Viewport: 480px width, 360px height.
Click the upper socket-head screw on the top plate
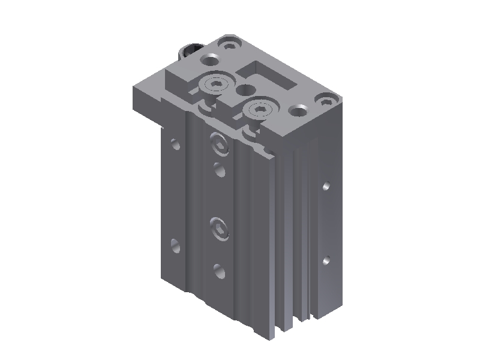(217, 85)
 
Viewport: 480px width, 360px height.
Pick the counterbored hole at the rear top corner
(229, 43)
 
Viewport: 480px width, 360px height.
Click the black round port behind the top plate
(191, 49)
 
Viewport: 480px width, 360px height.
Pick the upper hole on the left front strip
(175, 144)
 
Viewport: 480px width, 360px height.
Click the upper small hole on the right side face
(326, 186)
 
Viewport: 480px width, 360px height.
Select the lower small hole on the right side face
(326, 260)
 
